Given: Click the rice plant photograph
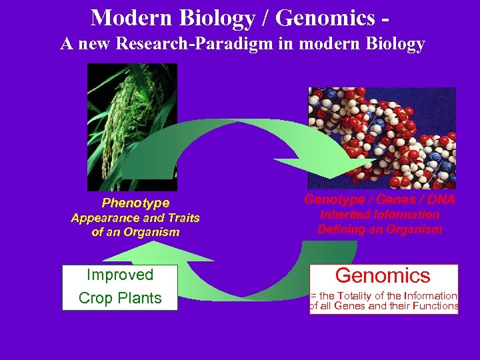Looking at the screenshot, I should [x=133, y=127].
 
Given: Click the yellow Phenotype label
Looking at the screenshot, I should [x=135, y=203].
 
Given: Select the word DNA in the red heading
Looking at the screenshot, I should [x=442, y=199].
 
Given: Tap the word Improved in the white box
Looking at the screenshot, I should [x=120, y=275].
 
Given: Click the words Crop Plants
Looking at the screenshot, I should [x=120, y=298].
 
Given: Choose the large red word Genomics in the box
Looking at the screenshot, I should [x=383, y=275].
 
